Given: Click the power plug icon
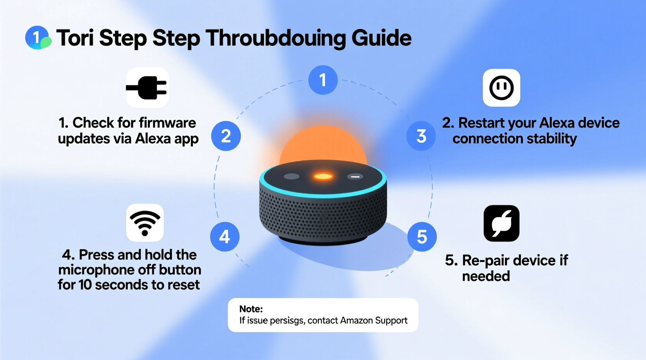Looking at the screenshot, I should [147, 88].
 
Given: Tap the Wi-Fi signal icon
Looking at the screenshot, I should [145, 223].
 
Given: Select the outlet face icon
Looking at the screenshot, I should [501, 88].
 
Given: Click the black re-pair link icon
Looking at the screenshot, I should [501, 223].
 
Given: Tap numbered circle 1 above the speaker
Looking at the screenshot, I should [323, 80].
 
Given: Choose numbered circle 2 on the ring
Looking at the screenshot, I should [226, 136].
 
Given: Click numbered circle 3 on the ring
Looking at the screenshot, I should [421, 136].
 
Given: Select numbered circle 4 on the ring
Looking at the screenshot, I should [225, 237].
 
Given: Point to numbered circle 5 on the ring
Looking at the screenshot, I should [422, 237].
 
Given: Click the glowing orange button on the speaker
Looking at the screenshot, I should [323, 177].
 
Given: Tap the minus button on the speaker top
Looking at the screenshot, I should [355, 177].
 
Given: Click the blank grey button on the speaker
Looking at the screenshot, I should [292, 177].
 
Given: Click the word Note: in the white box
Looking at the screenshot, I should [251, 309].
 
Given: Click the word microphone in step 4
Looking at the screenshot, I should [102, 270].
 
